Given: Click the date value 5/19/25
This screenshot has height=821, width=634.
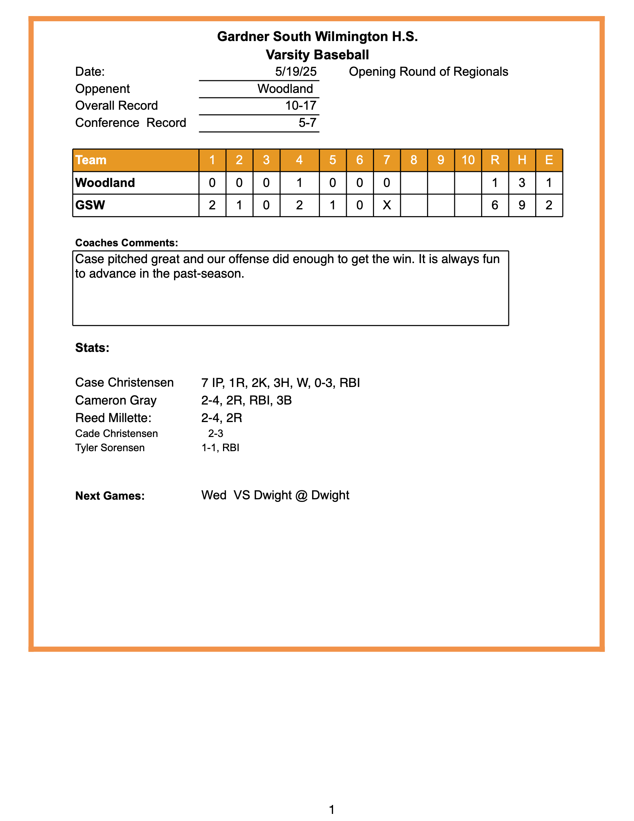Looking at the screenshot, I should (296, 72).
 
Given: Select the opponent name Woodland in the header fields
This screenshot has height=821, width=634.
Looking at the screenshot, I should (285, 89).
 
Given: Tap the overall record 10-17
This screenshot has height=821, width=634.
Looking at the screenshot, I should (301, 106).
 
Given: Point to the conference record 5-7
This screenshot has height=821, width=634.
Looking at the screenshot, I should (307, 123).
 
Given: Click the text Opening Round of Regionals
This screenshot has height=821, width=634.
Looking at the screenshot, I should (428, 72).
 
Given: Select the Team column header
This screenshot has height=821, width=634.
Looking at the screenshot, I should (91, 160).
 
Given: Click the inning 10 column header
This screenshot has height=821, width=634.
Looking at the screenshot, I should (468, 160).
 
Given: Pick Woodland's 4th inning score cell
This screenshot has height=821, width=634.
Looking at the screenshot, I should (299, 183).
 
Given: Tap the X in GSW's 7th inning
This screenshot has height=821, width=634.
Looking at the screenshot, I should (386, 205).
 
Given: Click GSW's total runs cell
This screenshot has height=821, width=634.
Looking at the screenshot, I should (495, 205).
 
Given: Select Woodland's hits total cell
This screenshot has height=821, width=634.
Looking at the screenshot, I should (522, 183).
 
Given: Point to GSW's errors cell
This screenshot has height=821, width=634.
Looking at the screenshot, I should (549, 205).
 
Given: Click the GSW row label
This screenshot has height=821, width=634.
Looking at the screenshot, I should (90, 205).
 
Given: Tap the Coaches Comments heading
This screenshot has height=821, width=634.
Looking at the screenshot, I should (126, 243).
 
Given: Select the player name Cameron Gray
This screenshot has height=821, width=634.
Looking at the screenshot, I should (116, 400).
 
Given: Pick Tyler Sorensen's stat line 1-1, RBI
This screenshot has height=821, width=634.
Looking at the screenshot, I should (220, 448).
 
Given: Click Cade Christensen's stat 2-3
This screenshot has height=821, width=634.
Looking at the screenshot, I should (216, 433).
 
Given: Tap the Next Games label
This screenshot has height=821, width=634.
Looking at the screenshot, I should (110, 496).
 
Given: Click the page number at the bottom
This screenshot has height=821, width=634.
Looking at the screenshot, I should (332, 809).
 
